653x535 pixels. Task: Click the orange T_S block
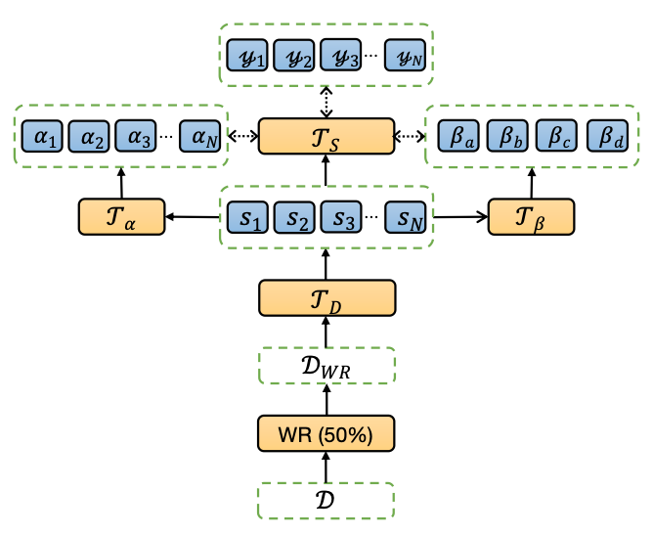(326, 136)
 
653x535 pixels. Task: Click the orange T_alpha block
(122, 216)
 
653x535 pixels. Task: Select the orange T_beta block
(532, 216)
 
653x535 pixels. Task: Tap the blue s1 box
(248, 216)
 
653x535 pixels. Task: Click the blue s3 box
(342, 216)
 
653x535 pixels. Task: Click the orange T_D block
(326, 297)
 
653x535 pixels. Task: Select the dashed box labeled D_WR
(326, 365)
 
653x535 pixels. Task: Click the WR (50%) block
(326, 431)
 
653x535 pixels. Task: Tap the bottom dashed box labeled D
(326, 501)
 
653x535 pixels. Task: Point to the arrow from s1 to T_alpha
(194, 216)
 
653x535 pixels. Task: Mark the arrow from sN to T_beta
(459, 216)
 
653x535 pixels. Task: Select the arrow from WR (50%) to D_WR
(326, 398)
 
